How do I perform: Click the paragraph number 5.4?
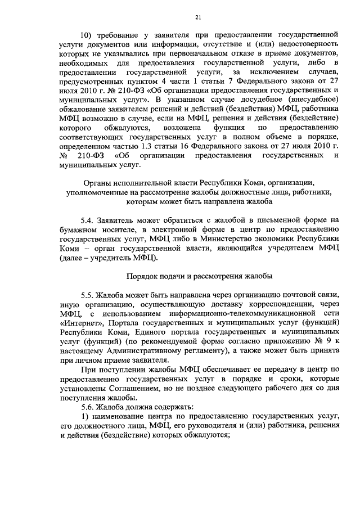(x=89, y=220)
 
